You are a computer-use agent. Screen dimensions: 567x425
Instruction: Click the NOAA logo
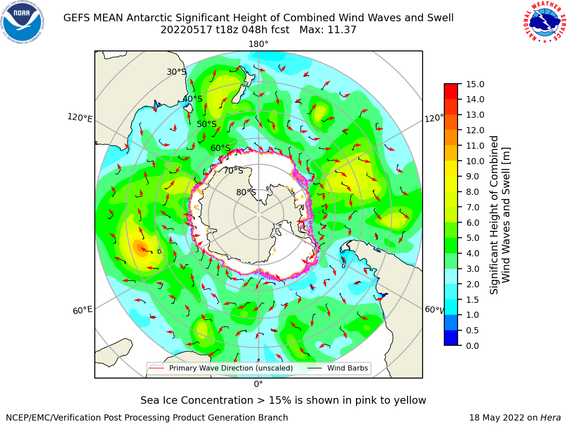pos(23,22)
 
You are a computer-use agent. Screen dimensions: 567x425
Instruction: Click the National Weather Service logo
pos(544,22)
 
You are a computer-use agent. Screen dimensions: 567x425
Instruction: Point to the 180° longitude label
pos(258,44)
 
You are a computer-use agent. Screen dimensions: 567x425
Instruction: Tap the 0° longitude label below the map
pos(258,384)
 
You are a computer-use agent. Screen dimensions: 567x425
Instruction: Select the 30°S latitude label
pos(176,72)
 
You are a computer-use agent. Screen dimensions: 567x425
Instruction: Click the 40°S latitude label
pos(193,99)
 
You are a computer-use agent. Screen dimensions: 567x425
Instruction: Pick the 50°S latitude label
pos(207,124)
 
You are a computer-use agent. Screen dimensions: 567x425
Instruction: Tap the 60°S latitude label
pos(220,148)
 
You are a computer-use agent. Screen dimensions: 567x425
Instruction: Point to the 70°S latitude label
pos(233,170)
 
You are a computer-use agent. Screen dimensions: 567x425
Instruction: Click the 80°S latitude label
pos(246,192)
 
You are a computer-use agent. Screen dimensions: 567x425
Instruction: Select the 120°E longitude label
pos(80,118)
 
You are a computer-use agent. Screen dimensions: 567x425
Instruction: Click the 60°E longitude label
pos(82,310)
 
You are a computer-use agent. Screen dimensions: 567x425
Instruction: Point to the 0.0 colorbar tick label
pos(473,346)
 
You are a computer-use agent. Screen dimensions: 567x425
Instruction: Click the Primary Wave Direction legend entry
pos(221,368)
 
